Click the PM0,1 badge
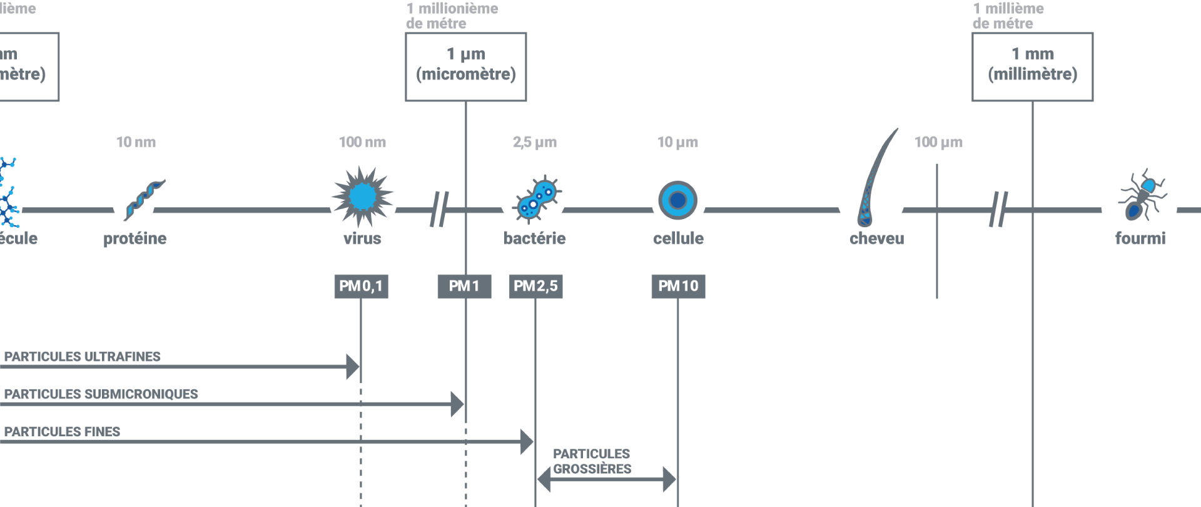click(361, 286)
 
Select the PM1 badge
click(464, 286)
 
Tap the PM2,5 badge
click(535, 286)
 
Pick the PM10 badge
click(678, 286)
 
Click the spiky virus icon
click(362, 197)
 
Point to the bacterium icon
click(537, 200)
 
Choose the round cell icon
click(677, 200)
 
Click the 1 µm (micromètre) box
click(465, 67)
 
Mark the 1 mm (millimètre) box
click(1032, 67)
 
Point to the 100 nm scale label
click(362, 142)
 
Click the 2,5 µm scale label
click(535, 142)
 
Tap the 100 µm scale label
click(938, 142)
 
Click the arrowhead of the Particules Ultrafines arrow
click(353, 367)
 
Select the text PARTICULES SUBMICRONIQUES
click(101, 394)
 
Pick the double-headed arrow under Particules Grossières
click(606, 480)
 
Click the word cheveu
click(876, 238)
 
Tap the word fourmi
click(1140, 238)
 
